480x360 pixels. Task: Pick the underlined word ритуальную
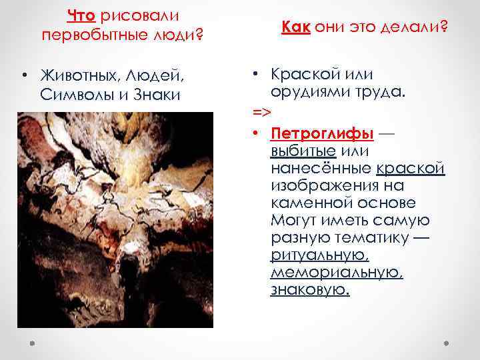pyautogui.click(x=319, y=255)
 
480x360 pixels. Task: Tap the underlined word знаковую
pyautogui.click(x=310, y=290)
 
